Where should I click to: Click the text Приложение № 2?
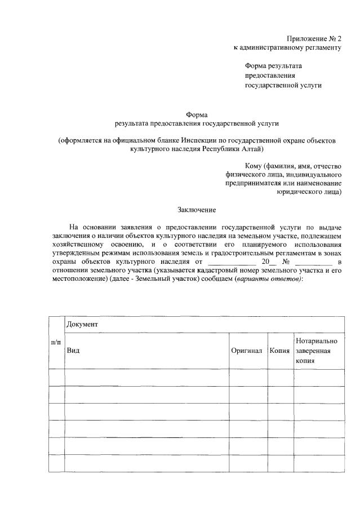coord(314,38)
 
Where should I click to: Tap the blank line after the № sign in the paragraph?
coord(313,262)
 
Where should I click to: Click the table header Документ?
coord(82,325)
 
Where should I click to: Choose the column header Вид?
coord(73,350)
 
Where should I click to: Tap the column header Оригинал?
coord(247,350)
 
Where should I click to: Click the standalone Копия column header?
coord(279,350)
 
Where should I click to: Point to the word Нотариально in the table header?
coord(316,341)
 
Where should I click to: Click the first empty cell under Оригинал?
coord(247,377)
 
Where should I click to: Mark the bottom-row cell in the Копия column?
coord(279,462)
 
